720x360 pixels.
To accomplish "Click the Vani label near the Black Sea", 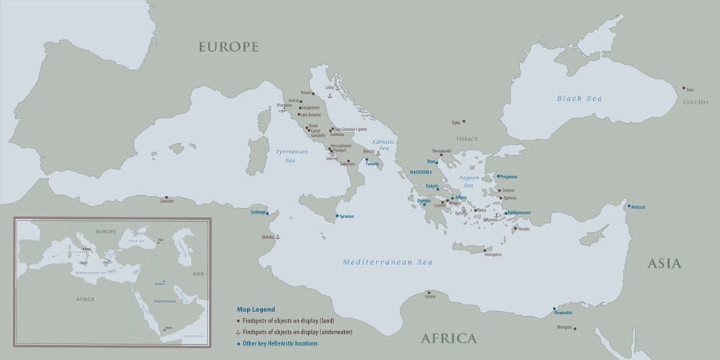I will tap(690, 89).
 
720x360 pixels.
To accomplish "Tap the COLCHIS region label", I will tap(696, 103).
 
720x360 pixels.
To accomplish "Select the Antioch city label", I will tap(638, 207).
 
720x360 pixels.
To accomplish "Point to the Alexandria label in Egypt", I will tap(563, 312).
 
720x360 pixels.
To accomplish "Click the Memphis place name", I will tap(564, 328).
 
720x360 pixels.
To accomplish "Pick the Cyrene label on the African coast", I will tap(430, 297).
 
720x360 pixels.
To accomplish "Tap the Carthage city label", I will tap(258, 212).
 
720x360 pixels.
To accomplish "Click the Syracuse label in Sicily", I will tap(346, 216).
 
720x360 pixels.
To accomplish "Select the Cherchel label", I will tap(167, 202).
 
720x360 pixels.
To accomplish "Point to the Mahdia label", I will tap(267, 236).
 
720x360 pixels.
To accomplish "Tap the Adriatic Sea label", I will tap(384, 145).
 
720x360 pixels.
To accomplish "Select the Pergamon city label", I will tap(508, 176).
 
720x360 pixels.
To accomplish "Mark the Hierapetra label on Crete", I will tap(493, 255).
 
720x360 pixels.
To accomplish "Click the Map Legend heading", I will tap(256, 309).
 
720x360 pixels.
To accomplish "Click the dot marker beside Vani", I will tap(684, 89).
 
